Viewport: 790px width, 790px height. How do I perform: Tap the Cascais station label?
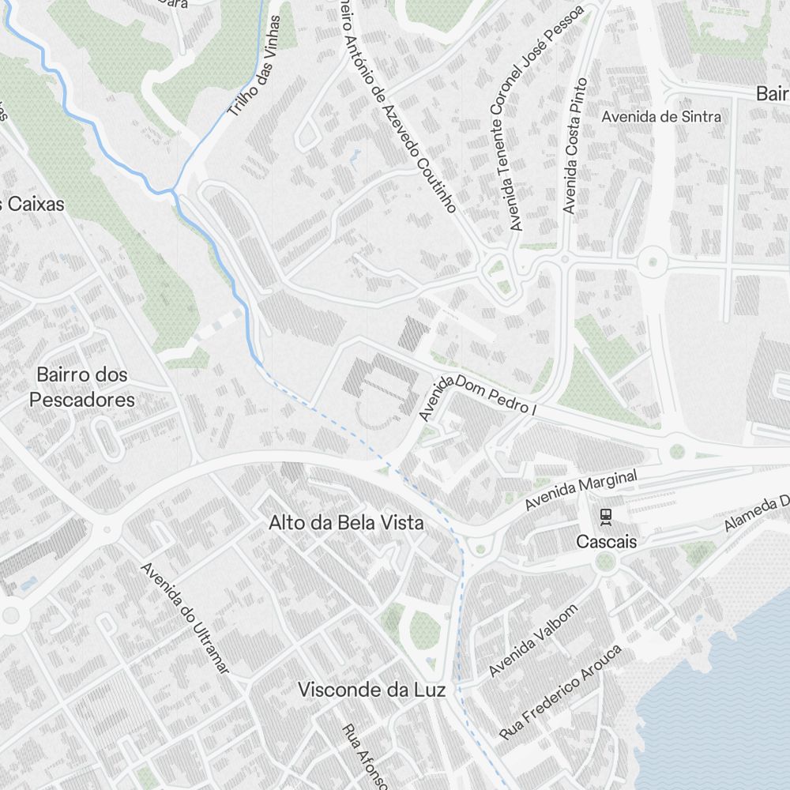tap(606, 542)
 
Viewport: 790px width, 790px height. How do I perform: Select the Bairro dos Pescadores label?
tap(82, 387)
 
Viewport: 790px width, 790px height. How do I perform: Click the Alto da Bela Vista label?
tap(346, 523)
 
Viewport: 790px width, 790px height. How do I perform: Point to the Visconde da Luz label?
tap(371, 690)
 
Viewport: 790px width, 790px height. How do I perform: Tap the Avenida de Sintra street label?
tap(661, 117)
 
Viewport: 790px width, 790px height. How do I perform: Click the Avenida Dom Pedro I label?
tap(477, 399)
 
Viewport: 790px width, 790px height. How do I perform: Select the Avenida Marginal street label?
tap(581, 490)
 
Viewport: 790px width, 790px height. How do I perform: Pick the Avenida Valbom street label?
tap(533, 641)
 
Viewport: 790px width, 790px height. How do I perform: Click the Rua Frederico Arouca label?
tap(561, 692)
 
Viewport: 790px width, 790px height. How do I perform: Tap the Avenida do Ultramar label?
tap(185, 618)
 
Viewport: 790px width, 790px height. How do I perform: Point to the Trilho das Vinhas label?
tap(254, 66)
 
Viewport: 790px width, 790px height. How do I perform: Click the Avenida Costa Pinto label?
tap(575, 146)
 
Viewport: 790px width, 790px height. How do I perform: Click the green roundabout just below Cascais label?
tap(605, 562)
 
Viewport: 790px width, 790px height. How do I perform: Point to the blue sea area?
tap(719, 711)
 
